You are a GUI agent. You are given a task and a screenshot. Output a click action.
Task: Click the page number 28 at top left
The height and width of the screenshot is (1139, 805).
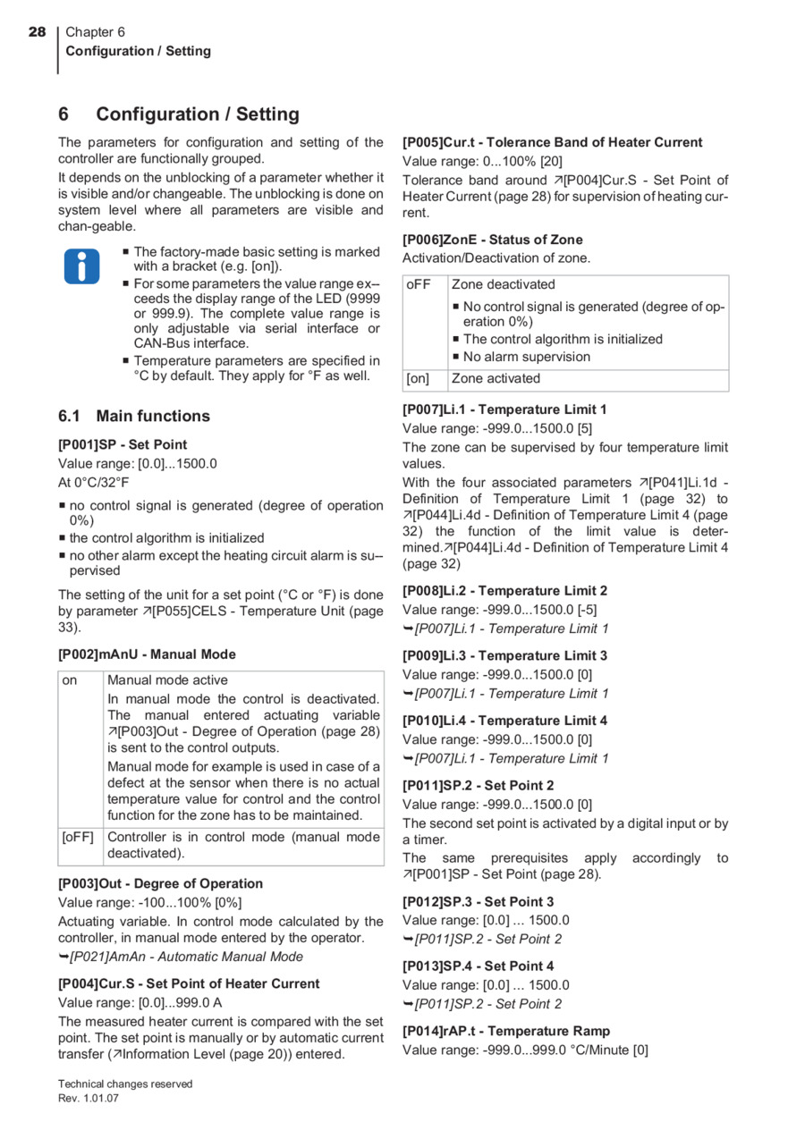pos(37,32)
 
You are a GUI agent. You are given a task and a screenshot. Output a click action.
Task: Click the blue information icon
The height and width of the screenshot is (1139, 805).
pos(81,266)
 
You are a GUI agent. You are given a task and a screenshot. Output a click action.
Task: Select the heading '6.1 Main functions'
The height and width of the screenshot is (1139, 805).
pos(134,416)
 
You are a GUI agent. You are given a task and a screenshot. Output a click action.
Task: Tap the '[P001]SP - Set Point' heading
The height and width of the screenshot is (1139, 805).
pos(123,444)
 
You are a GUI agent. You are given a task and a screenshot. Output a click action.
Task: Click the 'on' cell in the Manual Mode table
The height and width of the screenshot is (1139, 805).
pos(70,680)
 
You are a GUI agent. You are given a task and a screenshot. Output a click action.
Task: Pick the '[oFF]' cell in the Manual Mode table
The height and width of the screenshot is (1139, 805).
pos(79,838)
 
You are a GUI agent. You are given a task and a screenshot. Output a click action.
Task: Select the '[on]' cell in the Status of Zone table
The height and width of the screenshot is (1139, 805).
pos(418,378)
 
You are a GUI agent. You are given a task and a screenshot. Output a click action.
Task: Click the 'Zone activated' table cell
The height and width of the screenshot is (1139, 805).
pos(496,378)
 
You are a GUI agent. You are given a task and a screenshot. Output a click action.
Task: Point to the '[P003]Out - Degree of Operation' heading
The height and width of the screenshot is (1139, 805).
pos(160,883)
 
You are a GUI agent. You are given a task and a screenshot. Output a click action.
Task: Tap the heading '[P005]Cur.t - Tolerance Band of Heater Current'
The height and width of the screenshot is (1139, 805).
pos(552,142)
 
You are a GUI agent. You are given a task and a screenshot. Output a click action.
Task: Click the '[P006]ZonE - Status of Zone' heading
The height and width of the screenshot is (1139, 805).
pos(492,240)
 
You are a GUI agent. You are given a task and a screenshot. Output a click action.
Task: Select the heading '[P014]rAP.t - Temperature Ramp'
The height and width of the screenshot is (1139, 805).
pos(506,1031)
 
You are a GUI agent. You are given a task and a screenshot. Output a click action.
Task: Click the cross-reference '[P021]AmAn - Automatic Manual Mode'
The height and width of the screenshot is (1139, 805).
pos(186,957)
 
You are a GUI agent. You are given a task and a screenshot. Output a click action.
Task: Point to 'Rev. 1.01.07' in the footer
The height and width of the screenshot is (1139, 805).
pos(89,1099)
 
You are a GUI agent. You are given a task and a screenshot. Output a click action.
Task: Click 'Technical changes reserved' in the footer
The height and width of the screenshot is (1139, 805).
pos(125,1084)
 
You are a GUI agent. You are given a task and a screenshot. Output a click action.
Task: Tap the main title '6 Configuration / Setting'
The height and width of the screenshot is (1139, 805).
pos(179,114)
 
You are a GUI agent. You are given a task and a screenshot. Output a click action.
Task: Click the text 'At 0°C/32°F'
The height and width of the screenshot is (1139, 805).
pos(94,482)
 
